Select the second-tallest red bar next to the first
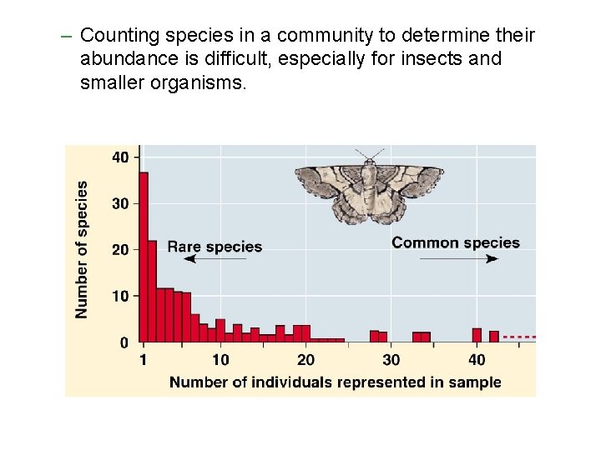152,291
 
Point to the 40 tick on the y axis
121,157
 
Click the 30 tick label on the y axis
121,203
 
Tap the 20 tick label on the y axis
121,250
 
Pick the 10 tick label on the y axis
121,296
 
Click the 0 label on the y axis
124,342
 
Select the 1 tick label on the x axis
144,360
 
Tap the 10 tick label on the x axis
220,360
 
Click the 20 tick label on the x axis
306,360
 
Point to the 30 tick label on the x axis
391,360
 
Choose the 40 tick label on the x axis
477,360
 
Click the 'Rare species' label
215,247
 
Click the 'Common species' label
456,242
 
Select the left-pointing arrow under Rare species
215,260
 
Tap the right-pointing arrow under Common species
458,259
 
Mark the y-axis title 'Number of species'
82,249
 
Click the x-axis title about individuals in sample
336,382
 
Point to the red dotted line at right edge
519,337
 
